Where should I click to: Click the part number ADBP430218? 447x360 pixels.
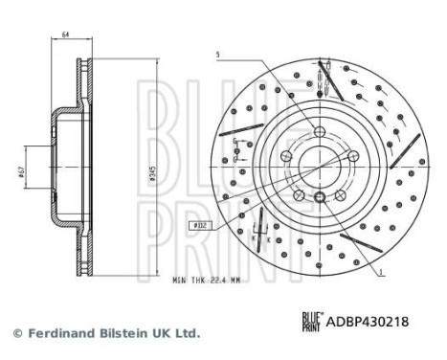(x=371, y=323)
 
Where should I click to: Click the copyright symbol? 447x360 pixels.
(x=16, y=333)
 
